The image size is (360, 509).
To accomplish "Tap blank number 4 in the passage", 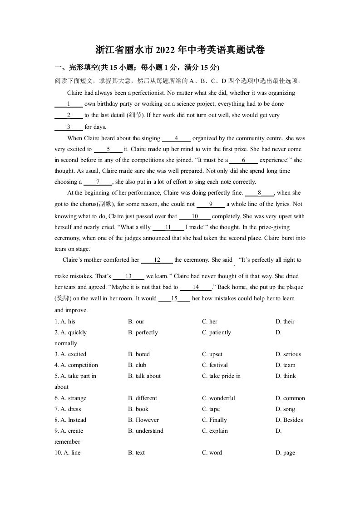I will pos(176,138).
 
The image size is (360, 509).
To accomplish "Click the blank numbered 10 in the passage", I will pos(195,216).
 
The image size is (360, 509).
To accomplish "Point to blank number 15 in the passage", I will pos(174,299).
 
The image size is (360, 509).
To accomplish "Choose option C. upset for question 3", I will pos(212,354).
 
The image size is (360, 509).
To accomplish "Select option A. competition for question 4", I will pos(76,365).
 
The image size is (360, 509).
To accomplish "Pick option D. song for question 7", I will pos(285,409).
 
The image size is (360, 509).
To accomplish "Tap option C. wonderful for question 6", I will pos(218,398).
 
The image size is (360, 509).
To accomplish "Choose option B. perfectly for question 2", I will pos(143,333).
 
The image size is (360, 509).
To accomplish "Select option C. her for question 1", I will pos(210,322).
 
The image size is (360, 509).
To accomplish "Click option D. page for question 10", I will pos(285,453).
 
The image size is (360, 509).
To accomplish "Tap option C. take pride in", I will pos(221,376).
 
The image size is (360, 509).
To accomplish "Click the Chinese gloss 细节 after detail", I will pos(134,115).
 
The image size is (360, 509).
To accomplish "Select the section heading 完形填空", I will pos(83,68).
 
